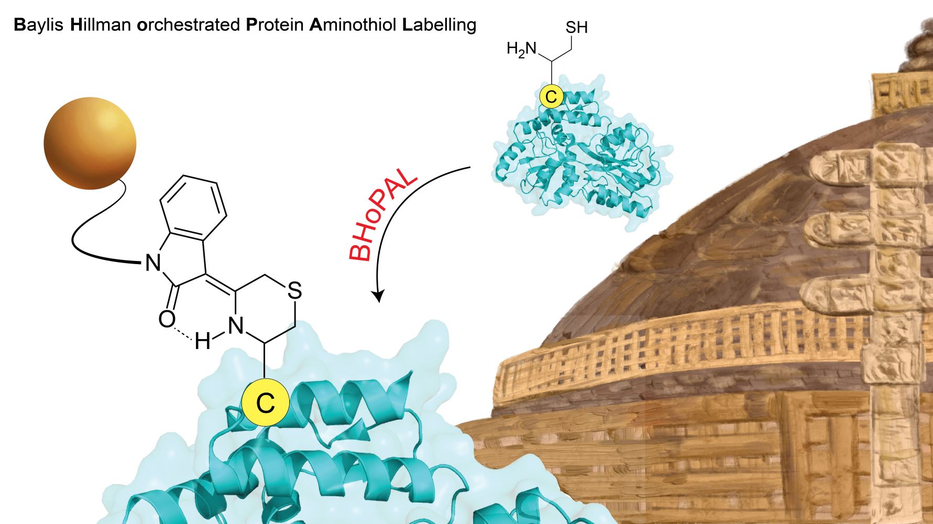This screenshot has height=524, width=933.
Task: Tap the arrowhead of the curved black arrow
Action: click(378, 296)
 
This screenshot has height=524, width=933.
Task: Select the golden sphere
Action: click(90, 143)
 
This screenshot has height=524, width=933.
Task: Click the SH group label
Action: click(576, 27)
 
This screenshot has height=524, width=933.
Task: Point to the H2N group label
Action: click(522, 49)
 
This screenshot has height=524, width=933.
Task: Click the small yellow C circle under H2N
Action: click(551, 96)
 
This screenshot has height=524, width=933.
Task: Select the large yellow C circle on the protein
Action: click(266, 403)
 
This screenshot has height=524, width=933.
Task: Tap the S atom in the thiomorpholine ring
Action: click(295, 290)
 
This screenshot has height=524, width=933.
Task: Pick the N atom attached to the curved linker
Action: click(152, 263)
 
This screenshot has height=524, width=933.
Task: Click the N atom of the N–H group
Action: click(236, 326)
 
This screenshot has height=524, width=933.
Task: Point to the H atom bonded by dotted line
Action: click(202, 342)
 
